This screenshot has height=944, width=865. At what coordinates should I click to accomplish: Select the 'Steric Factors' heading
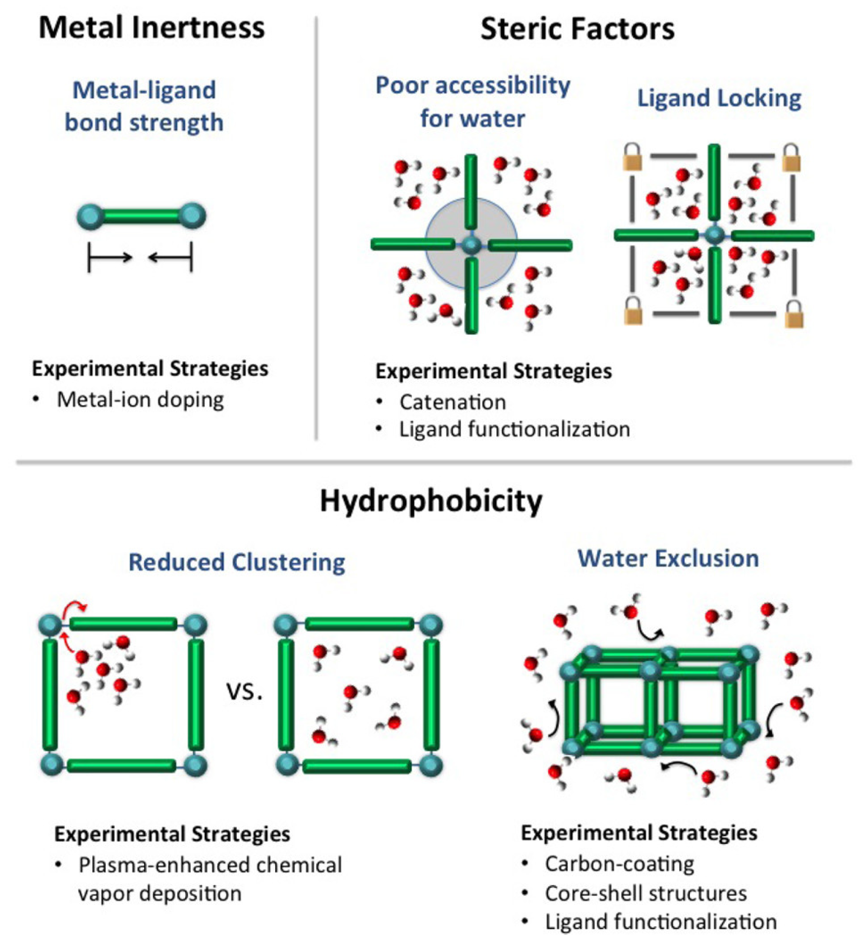577,29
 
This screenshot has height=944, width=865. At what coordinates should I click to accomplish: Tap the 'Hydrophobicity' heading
431,501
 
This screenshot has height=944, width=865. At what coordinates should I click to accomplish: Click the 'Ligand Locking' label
719,98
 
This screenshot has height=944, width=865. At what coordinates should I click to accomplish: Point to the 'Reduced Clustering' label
237,562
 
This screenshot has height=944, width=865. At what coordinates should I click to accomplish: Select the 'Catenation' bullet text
453,402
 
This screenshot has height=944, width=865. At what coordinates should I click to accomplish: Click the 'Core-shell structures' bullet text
646,893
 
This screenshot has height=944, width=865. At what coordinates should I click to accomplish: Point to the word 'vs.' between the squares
244,692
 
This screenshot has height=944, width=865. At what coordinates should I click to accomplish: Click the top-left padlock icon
632,157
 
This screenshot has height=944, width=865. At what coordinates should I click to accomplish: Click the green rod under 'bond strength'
141,216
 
